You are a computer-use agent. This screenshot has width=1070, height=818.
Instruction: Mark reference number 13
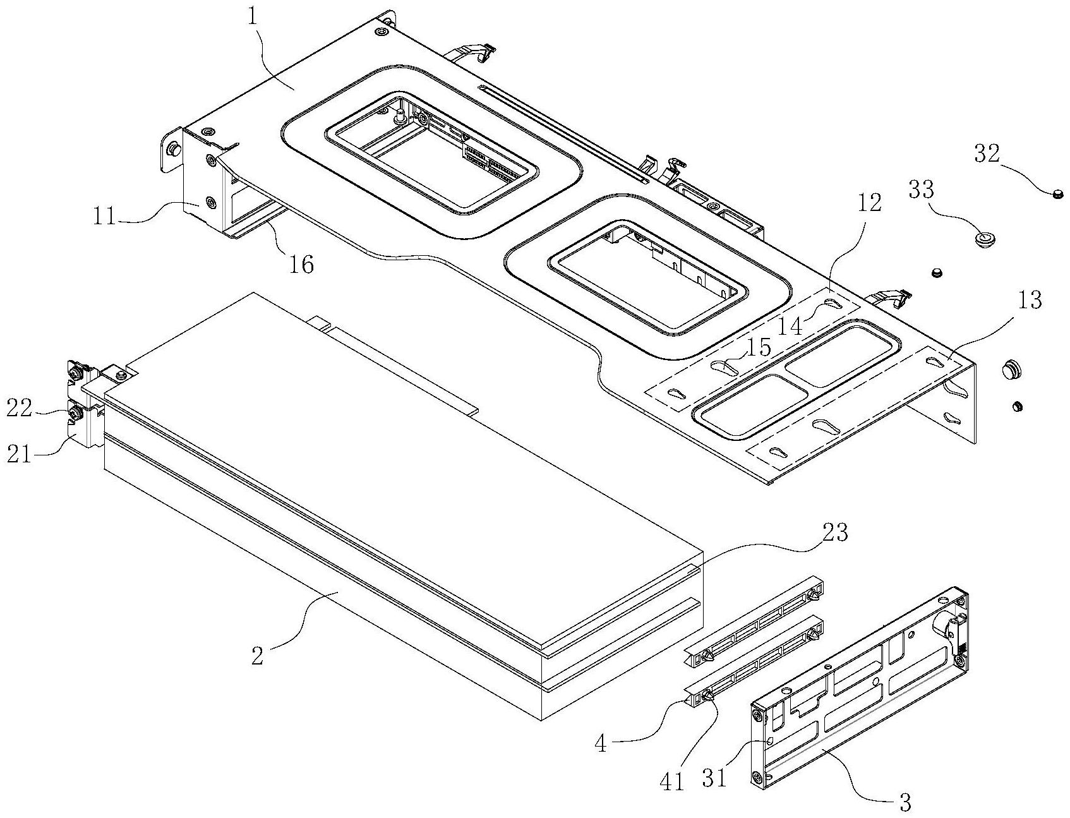click(x=1029, y=300)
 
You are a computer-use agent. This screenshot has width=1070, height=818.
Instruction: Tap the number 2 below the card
click(x=257, y=656)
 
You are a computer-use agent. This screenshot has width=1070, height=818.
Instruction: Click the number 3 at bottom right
click(x=905, y=802)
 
